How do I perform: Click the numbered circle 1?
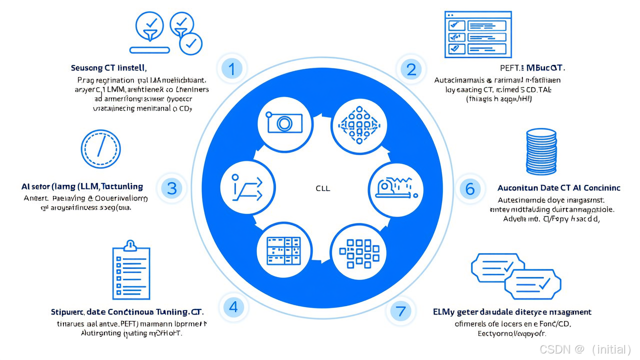(x=231, y=68)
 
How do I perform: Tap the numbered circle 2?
(x=411, y=69)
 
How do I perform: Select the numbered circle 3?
(x=172, y=188)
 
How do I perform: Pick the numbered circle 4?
(x=233, y=306)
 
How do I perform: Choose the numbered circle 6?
(x=470, y=188)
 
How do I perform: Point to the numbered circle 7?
(x=400, y=311)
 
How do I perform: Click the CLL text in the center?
(x=323, y=189)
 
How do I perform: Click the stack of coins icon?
(x=541, y=151)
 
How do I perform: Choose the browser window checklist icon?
(x=478, y=35)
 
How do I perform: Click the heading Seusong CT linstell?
(x=108, y=67)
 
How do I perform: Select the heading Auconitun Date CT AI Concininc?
(x=558, y=188)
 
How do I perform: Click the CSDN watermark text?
(x=585, y=349)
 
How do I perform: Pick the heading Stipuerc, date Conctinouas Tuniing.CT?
(x=127, y=312)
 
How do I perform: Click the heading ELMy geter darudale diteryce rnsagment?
(x=512, y=312)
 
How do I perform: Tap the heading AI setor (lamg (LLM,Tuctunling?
(x=82, y=186)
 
